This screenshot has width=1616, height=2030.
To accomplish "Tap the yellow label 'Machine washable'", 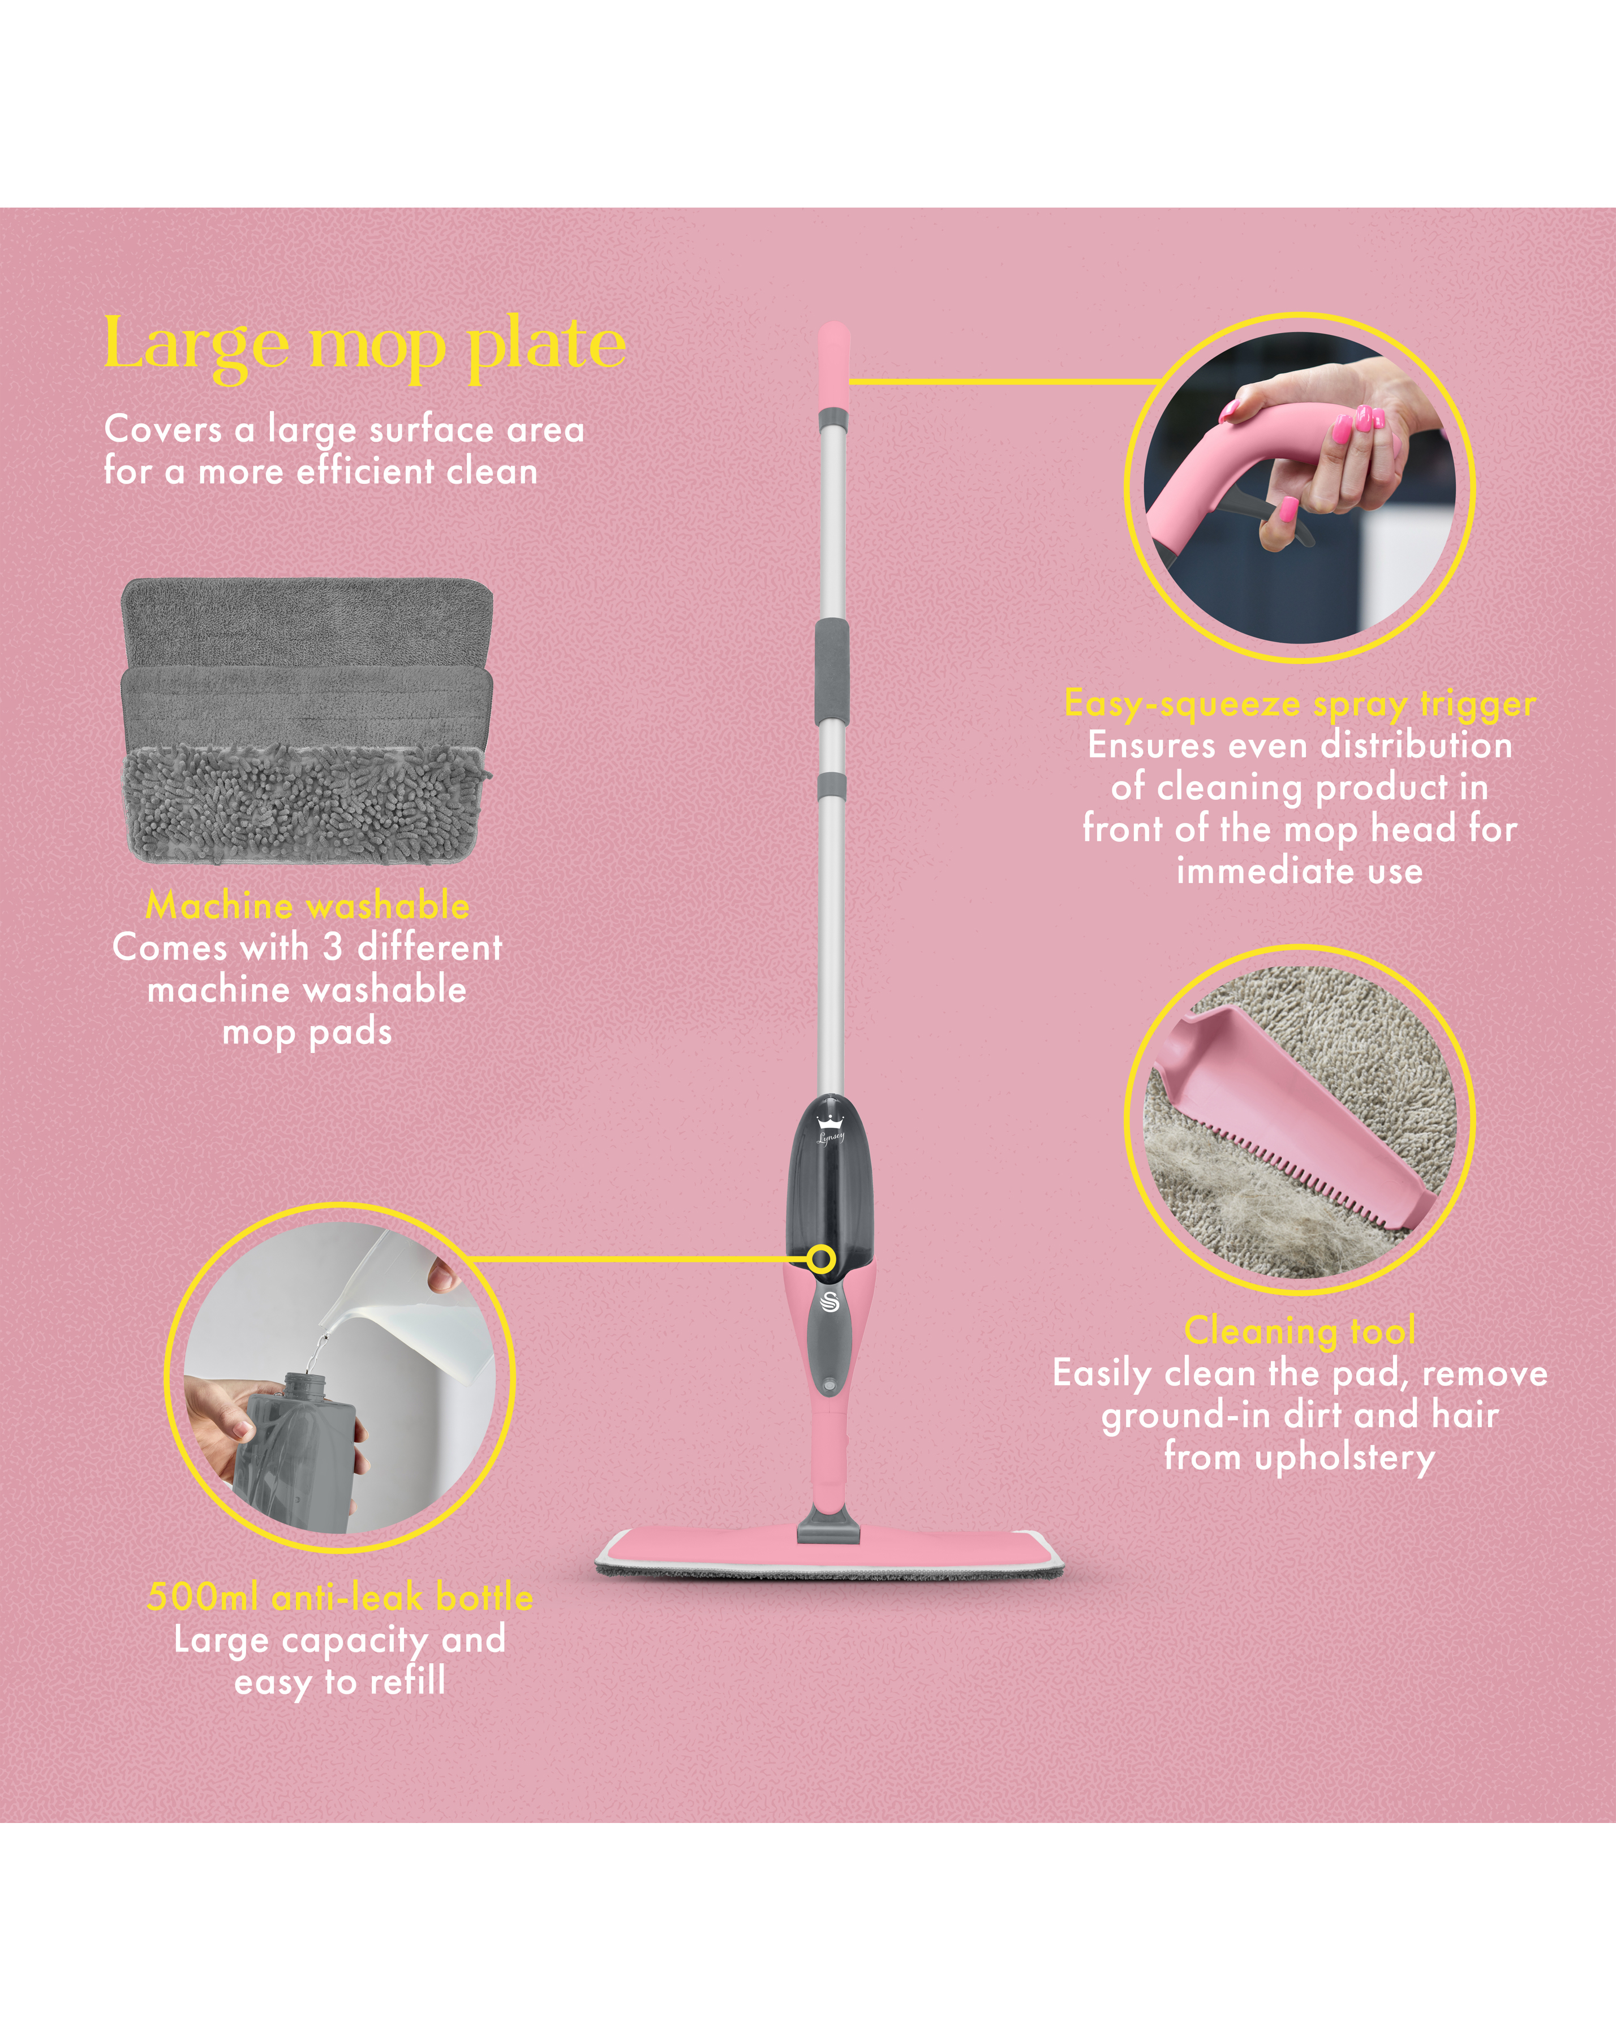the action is (307, 905).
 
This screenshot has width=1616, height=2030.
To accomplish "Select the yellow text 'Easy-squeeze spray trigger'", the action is (1300, 703).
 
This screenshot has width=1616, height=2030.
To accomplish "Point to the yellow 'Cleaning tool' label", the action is (1300, 1330).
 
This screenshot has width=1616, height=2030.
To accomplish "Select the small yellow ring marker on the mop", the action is (822, 1259).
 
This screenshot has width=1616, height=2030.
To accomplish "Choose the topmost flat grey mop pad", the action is (307, 623).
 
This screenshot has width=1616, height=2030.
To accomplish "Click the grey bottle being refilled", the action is (295, 1451).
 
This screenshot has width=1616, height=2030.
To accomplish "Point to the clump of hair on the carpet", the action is (1215, 1194).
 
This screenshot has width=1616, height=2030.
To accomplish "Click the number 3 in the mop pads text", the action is (333, 947).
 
